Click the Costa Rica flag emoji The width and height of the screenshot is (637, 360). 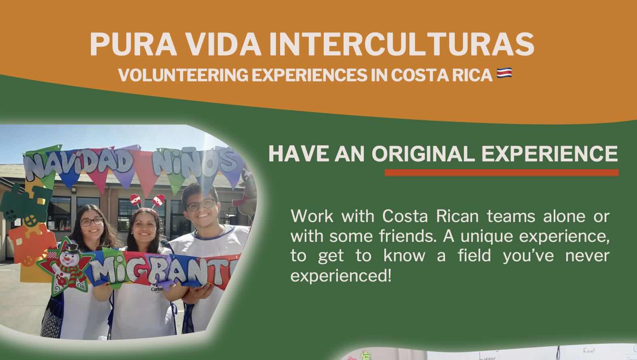pos(504,73)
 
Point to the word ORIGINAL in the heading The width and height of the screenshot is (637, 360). pos(423,154)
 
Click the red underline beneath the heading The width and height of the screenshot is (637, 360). pos(502,173)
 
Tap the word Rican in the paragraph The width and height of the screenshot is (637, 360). pos(458,216)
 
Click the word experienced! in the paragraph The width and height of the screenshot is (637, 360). pos(341,276)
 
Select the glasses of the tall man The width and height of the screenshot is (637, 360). pos(201,205)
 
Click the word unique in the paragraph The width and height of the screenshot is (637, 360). pos(487,237)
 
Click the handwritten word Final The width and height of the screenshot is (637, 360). pos(588,350)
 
